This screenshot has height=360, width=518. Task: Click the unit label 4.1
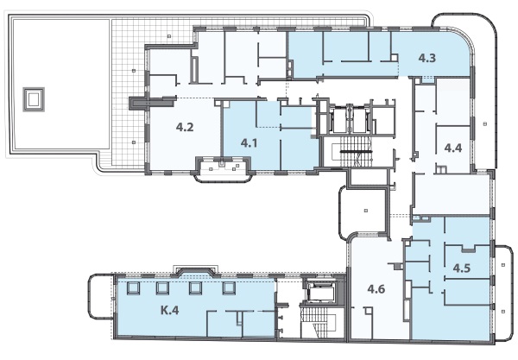coord(250,143)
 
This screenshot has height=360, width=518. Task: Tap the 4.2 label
coord(185,127)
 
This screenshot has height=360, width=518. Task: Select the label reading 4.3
coord(427,58)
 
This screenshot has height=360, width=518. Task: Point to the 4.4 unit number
coord(453,148)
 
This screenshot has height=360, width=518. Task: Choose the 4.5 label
coord(462,268)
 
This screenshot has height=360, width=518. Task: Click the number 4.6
coord(376,289)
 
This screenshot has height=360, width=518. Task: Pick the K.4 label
coord(170,311)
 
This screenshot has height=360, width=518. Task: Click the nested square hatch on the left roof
coord(34,99)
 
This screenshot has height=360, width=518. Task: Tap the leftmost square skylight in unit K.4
coord(133,288)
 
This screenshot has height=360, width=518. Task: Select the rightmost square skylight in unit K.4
coord(229,288)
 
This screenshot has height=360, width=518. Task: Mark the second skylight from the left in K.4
coord(162,288)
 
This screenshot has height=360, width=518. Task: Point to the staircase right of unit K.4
coord(318,321)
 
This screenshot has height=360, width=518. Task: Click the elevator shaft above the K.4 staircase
coord(319,291)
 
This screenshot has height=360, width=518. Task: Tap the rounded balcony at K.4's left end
coord(100,296)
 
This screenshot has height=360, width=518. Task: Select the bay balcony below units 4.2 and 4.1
coord(223,169)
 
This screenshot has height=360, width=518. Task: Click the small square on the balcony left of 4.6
coord(366,211)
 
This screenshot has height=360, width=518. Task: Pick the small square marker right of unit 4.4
coord(484,123)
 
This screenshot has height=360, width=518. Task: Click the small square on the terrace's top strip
coord(169,36)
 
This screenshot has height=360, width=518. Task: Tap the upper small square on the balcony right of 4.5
coord(503,265)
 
